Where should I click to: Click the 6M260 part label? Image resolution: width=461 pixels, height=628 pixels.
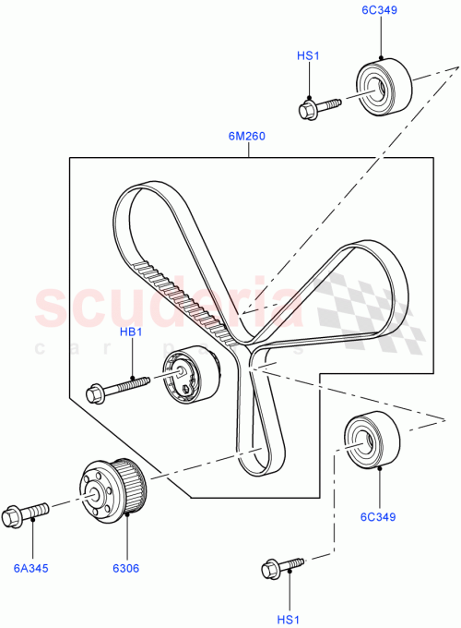(246, 137)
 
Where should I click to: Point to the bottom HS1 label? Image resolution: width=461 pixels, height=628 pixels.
(290, 620)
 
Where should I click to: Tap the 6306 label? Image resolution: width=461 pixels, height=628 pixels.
(125, 568)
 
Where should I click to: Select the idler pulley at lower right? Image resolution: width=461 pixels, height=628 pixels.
(372, 440)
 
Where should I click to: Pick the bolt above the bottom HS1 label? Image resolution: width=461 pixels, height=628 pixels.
(284, 564)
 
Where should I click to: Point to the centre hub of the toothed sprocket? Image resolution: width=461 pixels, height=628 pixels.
(96, 491)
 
